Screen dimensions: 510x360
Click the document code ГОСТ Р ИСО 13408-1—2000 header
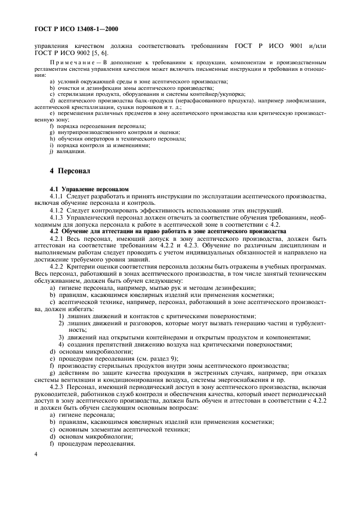tap(76, 28)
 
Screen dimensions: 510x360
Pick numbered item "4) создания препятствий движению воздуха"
tap(175, 344)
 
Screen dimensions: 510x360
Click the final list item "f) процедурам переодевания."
tap(93, 444)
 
